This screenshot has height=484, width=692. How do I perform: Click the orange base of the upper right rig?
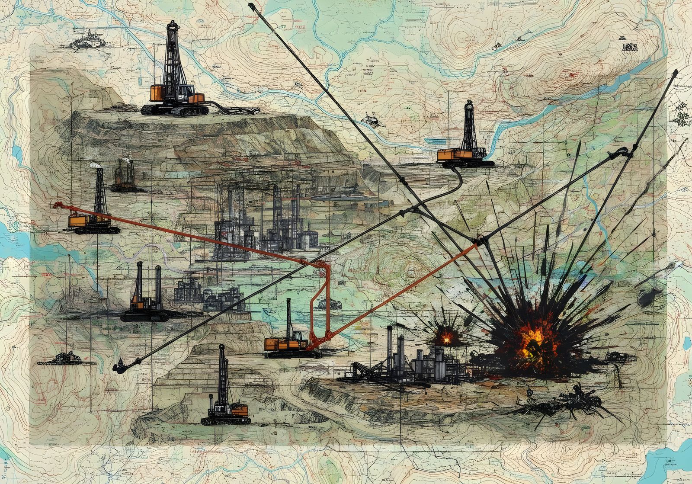450,155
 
